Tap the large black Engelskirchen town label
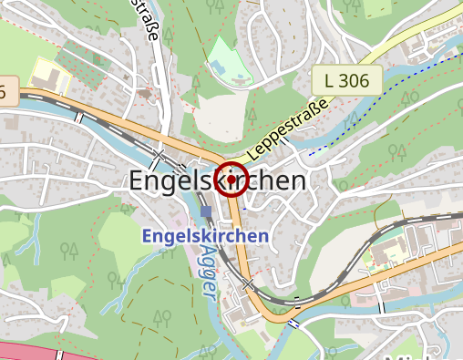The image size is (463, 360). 218,180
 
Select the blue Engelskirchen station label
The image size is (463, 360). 205,236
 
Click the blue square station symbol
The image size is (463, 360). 206,211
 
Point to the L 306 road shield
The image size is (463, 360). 346,80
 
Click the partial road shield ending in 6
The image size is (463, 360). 7,91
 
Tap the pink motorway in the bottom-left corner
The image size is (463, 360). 27,352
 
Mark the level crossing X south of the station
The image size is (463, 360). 248,285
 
